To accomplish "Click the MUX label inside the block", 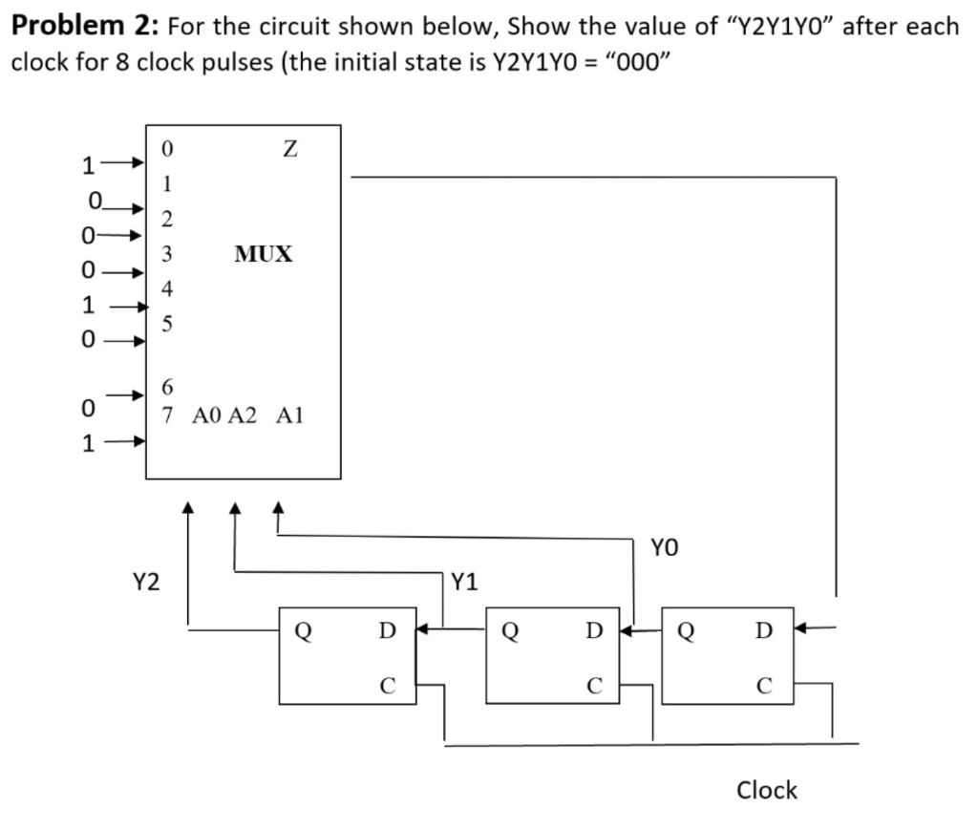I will click(264, 254).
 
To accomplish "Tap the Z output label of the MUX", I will click(290, 150).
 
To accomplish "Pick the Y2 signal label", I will click(146, 581).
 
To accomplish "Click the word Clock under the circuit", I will click(767, 790).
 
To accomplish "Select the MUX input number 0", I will click(167, 149).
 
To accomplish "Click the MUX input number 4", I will click(167, 287).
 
